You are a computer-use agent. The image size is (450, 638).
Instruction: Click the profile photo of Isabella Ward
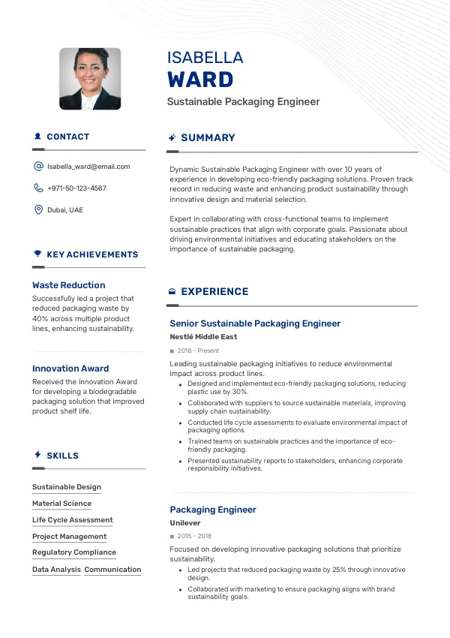pos(90,79)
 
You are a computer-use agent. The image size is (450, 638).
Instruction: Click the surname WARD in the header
pos(200,80)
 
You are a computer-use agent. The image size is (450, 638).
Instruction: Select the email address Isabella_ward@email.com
pos(88,167)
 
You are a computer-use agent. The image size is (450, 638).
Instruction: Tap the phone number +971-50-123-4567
pos(76,188)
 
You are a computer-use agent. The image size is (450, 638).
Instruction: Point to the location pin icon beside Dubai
pos(38,210)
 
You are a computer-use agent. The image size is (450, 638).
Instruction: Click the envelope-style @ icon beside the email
pos(38,167)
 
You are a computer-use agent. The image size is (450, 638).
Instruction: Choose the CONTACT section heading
pos(67,137)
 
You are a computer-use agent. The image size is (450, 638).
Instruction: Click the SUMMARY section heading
pos(208,138)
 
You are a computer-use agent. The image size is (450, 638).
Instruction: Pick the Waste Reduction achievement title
pos(68,285)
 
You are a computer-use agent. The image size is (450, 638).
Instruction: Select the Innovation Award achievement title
pos(70,369)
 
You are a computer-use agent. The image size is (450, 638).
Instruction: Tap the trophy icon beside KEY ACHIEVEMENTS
pos(37,254)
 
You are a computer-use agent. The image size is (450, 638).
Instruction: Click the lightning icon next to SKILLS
pos(37,455)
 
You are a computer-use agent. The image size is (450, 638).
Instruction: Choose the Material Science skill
pos(61,504)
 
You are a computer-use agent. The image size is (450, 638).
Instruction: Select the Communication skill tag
pos(112,570)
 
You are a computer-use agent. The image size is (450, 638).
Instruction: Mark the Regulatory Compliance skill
pos(74,552)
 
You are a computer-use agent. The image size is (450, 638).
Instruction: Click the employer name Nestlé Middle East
pos(203,337)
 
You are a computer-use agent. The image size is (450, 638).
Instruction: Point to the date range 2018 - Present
pos(198,351)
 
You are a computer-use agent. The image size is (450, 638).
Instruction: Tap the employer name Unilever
pos(185,523)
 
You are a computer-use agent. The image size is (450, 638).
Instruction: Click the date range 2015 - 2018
pos(194,537)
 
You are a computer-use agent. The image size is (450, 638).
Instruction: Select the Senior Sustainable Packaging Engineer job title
pos(255,324)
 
